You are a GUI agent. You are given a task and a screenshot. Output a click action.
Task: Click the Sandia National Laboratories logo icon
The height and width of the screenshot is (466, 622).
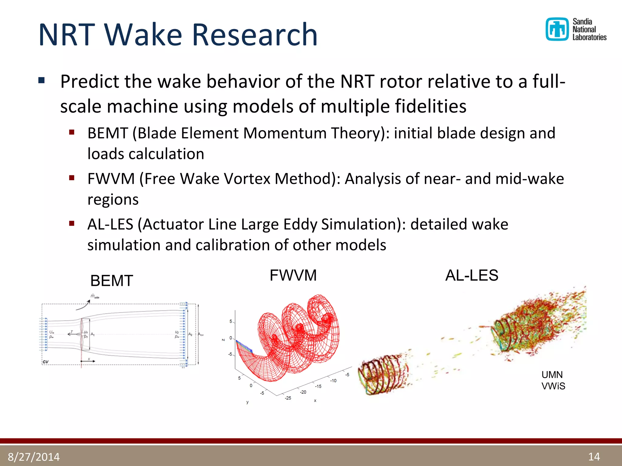[557, 29]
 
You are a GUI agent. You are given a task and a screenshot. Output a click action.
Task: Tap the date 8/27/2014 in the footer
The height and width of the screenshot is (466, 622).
[34, 457]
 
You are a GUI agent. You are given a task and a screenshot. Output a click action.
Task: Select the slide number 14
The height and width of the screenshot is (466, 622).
[594, 457]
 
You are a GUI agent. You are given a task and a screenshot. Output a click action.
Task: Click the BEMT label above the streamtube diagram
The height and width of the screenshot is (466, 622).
[111, 281]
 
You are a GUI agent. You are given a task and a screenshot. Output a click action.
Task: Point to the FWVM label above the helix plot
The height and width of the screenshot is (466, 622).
[293, 275]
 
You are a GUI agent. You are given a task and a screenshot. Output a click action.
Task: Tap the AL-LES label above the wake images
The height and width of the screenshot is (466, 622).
[471, 275]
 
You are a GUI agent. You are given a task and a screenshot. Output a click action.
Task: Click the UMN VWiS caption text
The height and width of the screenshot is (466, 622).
[553, 380]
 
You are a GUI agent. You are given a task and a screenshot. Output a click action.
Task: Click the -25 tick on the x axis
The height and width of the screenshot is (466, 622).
[288, 398]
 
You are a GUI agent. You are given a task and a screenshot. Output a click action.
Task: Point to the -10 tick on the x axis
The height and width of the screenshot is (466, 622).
[333, 381]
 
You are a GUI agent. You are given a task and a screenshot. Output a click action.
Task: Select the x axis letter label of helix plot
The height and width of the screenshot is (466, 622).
[315, 401]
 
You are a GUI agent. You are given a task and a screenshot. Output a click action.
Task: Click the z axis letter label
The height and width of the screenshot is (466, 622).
[224, 339]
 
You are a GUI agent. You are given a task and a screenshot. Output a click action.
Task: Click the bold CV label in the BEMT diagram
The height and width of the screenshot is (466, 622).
[46, 362]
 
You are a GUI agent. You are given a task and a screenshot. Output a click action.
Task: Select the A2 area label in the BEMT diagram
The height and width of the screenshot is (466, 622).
[190, 334]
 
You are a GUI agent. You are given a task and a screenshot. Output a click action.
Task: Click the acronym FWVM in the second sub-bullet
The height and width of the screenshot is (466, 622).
[111, 179]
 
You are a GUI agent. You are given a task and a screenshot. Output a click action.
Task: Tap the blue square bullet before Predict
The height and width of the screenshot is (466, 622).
[42, 81]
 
